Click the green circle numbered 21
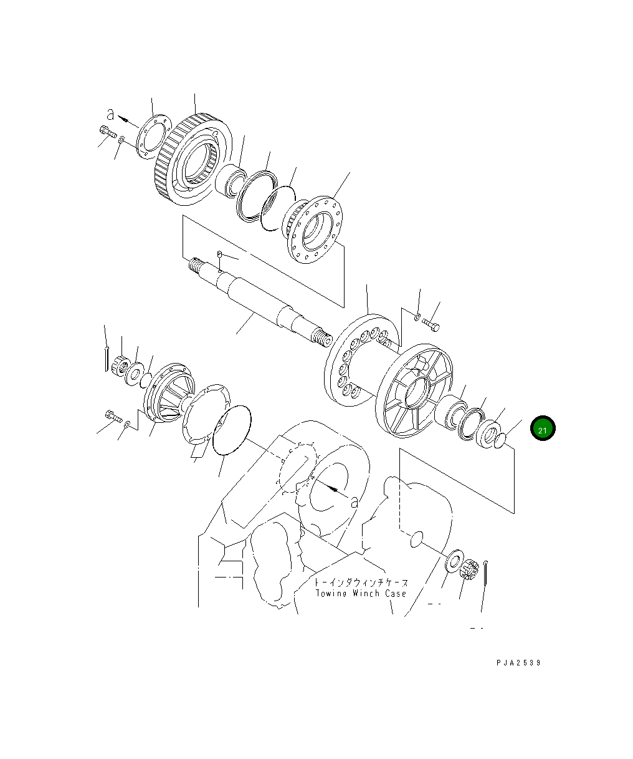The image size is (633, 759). click(542, 429)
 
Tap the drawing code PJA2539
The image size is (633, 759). click(518, 663)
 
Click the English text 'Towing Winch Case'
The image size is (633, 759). click(361, 594)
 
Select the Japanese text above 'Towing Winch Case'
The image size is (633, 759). click(361, 583)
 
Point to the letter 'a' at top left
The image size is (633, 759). click(111, 114)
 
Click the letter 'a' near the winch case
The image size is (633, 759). click(355, 500)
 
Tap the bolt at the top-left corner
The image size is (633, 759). click(106, 132)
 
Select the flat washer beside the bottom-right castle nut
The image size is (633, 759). click(454, 559)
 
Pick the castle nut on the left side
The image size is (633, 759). click(120, 365)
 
